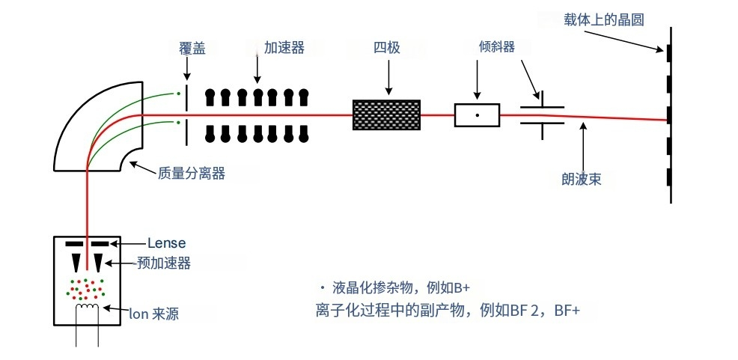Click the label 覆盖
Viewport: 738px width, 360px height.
click(x=192, y=49)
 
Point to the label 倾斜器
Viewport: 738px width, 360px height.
click(x=496, y=47)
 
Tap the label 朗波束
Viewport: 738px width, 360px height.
click(x=582, y=179)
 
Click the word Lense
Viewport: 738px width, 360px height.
click(x=166, y=242)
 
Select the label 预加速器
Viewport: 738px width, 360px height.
click(x=164, y=263)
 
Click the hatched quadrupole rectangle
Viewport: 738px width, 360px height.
click(x=387, y=115)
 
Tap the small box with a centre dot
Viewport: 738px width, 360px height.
click(x=477, y=115)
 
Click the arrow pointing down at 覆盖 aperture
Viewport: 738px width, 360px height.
click(x=186, y=70)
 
